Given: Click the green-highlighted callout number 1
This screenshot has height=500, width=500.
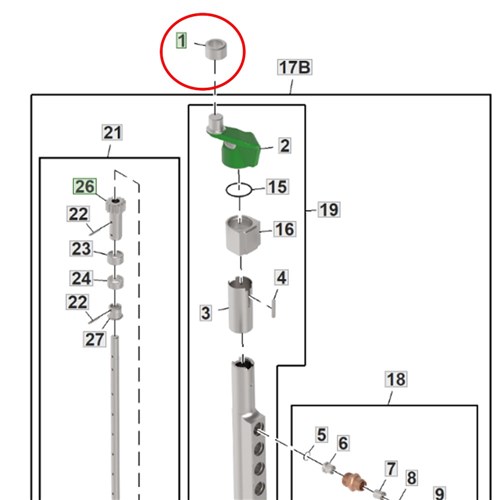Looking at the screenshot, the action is coord(181,41).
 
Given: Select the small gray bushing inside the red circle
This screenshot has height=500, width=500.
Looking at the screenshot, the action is coord(215,49).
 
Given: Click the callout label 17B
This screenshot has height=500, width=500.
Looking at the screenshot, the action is coord(295,67).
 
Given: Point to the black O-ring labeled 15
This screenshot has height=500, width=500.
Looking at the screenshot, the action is coord(239,190).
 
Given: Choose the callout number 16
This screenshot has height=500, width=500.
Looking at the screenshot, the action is coord(285,229).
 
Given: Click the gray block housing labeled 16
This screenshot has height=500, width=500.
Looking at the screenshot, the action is coord(242,235).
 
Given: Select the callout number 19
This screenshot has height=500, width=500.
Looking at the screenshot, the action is coord(329,210).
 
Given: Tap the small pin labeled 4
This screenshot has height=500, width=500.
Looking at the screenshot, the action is coord(274,308).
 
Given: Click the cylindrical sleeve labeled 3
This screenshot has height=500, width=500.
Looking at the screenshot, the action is coord(240,304).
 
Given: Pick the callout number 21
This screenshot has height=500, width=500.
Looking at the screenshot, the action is coord(112,133).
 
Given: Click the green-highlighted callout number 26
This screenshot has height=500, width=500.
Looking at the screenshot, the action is coord(85,186).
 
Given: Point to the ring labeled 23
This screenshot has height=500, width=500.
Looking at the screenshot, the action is coord(115,258).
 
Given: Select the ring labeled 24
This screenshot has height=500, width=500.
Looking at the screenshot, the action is coord(115,282).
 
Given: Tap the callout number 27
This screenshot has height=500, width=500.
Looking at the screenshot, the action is coord(95,339).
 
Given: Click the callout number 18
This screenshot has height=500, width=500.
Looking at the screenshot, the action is coord(396,379).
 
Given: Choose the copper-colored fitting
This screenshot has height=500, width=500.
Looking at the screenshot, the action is coord(354,482).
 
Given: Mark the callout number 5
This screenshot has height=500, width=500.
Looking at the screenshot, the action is coord(321,435).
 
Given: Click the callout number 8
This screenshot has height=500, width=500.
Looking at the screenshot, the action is coord(411,478).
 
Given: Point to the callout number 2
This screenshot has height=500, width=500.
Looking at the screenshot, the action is coord(284,146).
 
